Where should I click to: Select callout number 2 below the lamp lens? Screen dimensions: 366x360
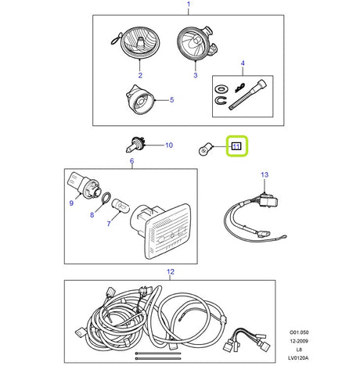click(x=140, y=75)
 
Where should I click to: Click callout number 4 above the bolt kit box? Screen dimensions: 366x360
click(x=243, y=62)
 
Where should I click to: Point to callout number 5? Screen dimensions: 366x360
click(x=171, y=100)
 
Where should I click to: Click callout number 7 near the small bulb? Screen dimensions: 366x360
click(x=108, y=222)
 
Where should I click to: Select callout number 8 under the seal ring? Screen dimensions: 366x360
click(x=92, y=213)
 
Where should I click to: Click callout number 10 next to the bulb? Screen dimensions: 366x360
click(x=168, y=145)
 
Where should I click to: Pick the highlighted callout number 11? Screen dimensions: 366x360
click(x=236, y=145)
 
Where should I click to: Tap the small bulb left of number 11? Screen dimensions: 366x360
click(x=204, y=146)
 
